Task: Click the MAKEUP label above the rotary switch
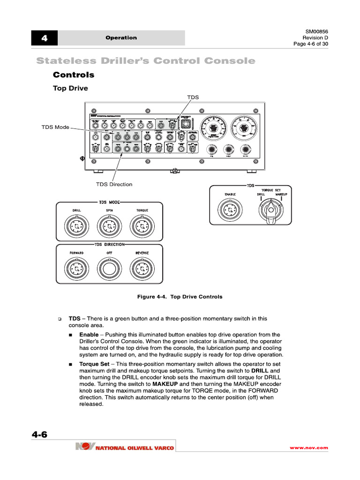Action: pos(281,194)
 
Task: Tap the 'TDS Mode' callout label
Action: pos(55,127)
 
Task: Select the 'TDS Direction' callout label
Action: pos(114,184)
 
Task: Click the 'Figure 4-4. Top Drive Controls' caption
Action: pos(180,297)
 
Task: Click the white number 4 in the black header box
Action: pos(45,38)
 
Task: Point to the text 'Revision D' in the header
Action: pos(315,37)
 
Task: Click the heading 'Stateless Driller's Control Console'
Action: pos(146,61)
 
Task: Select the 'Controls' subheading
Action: pos(74,75)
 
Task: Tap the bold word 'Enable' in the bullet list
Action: pos(89,335)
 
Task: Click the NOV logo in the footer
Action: pos(85,447)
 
